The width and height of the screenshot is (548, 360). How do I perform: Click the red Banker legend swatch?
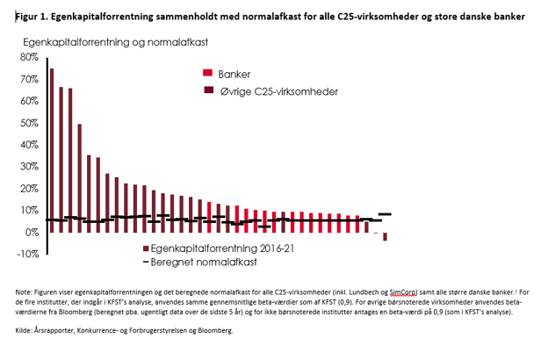(208, 73)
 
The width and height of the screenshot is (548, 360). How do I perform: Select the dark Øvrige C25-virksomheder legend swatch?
(208, 90)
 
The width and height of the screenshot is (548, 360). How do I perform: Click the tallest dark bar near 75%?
(52, 149)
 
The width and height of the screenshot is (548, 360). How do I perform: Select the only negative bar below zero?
(385, 236)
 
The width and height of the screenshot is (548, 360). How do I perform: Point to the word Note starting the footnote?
(24, 291)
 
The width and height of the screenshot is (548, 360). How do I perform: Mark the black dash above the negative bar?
(385, 214)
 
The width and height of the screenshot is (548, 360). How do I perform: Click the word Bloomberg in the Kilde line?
(214, 331)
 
